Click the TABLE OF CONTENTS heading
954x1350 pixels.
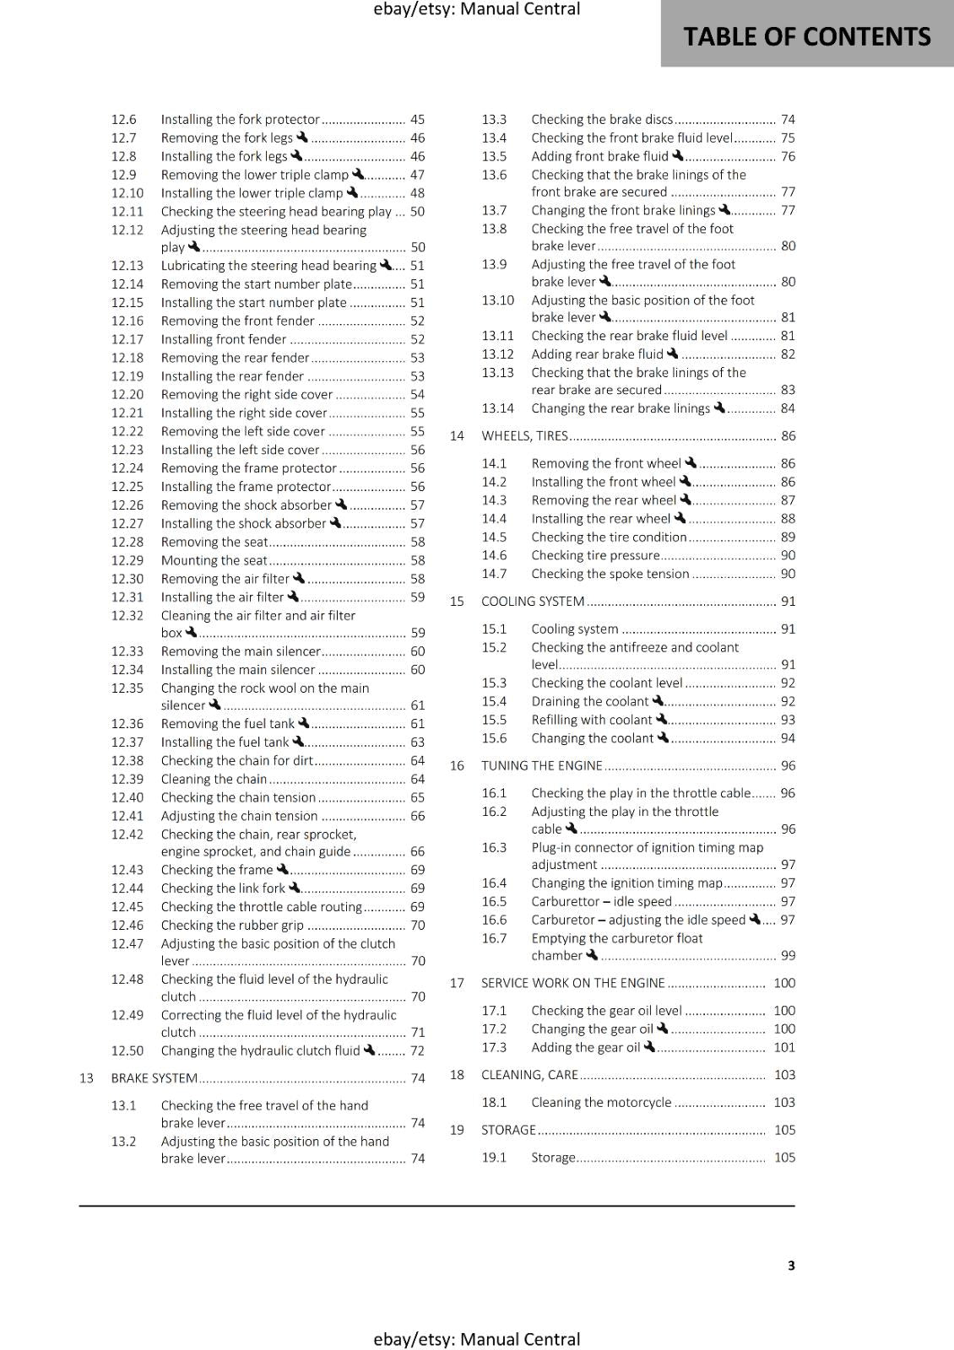[806, 37]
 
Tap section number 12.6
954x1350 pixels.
[123, 120]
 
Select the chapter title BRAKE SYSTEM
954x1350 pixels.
[154, 1078]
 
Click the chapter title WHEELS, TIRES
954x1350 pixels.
[524, 436]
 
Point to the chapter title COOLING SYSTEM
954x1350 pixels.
[533, 602]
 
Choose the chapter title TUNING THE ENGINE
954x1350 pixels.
[542, 766]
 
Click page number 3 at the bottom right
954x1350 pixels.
[791, 1266]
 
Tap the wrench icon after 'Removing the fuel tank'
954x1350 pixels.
[304, 723]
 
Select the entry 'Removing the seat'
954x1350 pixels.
[214, 543]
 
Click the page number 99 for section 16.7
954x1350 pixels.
[788, 956]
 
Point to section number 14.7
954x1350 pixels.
[494, 574]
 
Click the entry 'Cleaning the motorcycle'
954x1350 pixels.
[601, 1103]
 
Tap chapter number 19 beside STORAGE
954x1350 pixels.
[457, 1131]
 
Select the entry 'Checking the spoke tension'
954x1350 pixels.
[610, 574]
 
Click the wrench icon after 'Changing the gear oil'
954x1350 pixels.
[662, 1029]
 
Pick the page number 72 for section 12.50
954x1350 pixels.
[417, 1051]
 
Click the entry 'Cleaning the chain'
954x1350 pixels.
[214, 780]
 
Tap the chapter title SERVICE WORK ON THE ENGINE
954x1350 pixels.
[573, 984]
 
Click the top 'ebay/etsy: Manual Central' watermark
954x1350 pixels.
[476, 9]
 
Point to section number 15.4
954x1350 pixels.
[494, 702]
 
